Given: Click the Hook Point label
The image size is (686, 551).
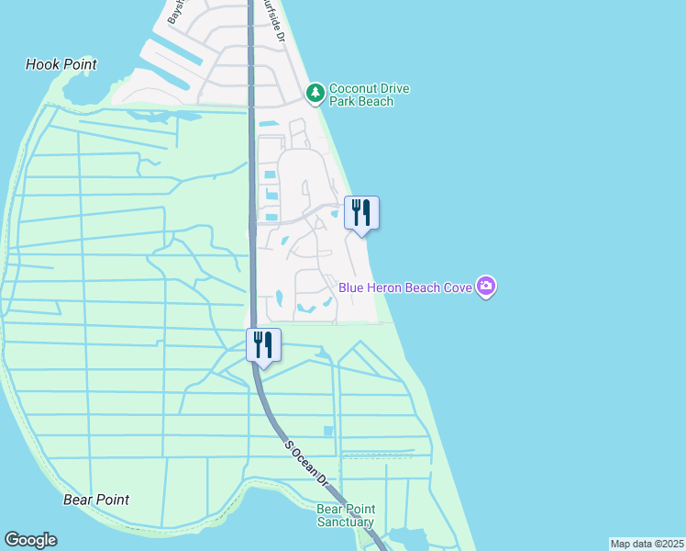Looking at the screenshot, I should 61,64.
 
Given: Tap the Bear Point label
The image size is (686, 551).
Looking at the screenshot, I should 96,500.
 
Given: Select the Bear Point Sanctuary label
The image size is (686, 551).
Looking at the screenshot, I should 346,515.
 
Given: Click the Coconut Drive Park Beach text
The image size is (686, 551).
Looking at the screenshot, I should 369,95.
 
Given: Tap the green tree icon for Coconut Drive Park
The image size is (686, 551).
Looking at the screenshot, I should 315,92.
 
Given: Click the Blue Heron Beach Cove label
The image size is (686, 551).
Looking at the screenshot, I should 405,287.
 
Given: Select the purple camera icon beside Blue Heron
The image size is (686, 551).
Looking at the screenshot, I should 486,287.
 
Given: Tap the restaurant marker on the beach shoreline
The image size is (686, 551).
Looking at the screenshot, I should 361,213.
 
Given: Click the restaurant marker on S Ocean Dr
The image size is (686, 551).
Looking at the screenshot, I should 263,345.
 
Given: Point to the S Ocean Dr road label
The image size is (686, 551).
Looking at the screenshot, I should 305,462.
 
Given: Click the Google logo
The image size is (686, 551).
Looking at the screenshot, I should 30,540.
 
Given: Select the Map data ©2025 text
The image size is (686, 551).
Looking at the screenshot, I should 647,544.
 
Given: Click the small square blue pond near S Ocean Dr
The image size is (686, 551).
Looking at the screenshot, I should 328,431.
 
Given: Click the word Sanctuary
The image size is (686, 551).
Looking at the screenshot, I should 346,522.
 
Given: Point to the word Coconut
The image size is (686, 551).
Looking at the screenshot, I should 357,88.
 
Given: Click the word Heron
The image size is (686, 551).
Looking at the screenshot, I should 385,287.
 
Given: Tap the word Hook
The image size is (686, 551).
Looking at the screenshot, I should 42,64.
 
